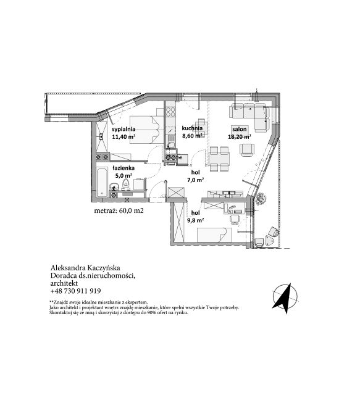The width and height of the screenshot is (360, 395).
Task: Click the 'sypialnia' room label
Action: click(123, 129)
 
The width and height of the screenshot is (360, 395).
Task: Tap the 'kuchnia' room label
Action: click(192, 128)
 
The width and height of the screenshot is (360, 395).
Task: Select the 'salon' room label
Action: click(239, 129)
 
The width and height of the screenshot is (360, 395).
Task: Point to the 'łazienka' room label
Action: click(123, 168)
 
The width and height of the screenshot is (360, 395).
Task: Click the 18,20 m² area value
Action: click(239, 137)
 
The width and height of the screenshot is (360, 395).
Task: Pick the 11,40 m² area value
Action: click(123, 137)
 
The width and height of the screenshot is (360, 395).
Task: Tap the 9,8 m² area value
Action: click(195, 220)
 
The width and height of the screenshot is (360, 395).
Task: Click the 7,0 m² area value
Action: click(195, 180)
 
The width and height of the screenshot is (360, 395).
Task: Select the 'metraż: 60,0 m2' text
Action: click(119, 210)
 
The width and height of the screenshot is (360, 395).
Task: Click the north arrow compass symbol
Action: click(285, 298)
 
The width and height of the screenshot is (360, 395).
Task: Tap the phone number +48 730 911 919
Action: click(75, 291)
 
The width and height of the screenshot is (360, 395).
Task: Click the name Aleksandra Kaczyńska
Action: click(85, 267)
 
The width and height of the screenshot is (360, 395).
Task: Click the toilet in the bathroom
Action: click(125, 185)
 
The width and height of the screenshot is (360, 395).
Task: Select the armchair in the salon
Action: click(247, 150)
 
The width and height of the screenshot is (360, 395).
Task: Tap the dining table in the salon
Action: click(220, 159)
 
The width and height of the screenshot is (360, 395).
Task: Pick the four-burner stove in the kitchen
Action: click(170, 112)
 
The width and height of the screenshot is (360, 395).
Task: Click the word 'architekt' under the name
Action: click(64, 283)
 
